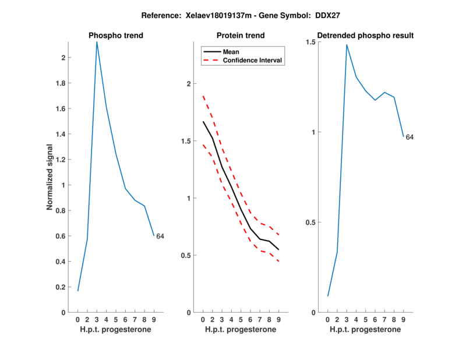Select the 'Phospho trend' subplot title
(116, 36)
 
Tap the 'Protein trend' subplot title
(241, 36)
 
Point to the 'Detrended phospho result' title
(366, 36)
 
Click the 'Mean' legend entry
(231, 52)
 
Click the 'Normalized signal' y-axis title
(51, 177)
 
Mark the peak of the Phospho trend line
(97, 42)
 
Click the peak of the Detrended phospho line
(347, 45)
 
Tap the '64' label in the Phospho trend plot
(160, 236)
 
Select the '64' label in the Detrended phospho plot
(409, 137)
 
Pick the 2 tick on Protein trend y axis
(188, 84)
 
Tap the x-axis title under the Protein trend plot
(241, 330)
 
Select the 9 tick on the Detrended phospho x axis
(404, 320)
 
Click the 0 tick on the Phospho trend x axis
(78, 320)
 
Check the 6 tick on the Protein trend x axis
(250, 320)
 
